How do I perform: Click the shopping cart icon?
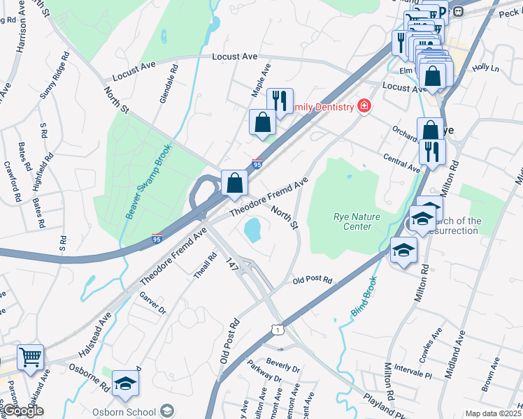pos(30,358)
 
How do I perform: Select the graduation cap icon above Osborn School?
pos(125,383)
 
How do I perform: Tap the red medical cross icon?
pos(364,106)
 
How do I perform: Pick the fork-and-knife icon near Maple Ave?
pos(280,101)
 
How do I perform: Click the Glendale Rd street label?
pos(169,84)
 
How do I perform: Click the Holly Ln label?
pos(485,68)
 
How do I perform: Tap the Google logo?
pos(23,411)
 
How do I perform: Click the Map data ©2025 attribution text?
pos(493,413)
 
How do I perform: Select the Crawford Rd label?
pos(10,182)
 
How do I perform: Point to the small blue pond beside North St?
pos(252,228)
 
